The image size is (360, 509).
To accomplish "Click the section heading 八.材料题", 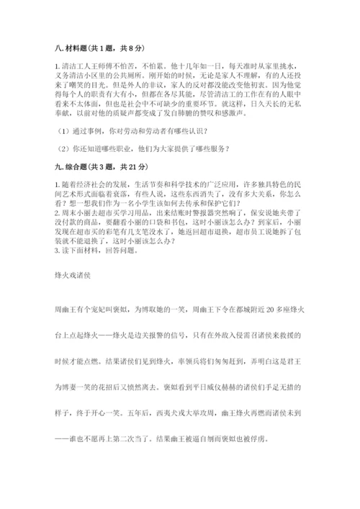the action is tap(73, 48).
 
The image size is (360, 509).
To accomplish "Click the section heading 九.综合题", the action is tap(73, 166).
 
